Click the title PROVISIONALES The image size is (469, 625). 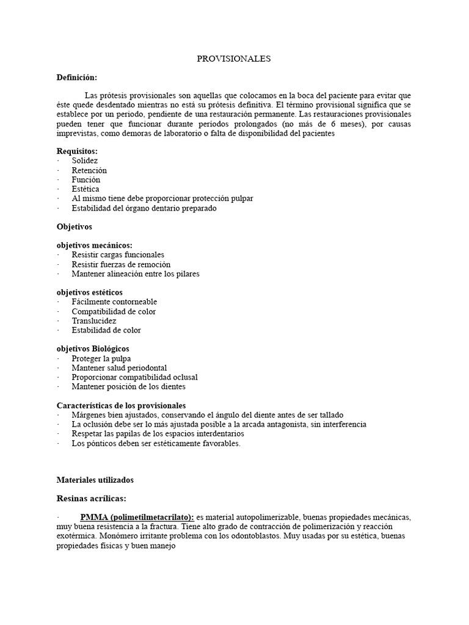click(x=233, y=59)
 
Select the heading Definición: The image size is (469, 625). click(x=77, y=78)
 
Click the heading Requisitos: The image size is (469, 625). click(x=77, y=151)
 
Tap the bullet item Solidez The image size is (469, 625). click(x=84, y=161)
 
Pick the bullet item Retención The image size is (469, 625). click(x=89, y=170)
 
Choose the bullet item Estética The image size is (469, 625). click(x=85, y=189)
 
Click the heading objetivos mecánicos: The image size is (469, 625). click(x=94, y=245)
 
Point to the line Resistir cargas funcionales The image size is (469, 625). click(x=117, y=255)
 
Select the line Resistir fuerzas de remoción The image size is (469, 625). click(x=120, y=264)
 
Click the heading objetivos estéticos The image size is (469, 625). click(x=89, y=292)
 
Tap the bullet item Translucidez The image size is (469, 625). click(x=93, y=320)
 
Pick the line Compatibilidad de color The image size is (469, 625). click(x=113, y=311)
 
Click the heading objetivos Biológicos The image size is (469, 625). click(x=93, y=349)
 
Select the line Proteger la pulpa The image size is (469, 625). click(x=101, y=358)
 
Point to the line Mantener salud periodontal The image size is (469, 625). click(x=118, y=368)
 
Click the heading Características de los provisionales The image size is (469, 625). click(x=122, y=405)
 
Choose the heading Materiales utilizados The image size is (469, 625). click(x=95, y=480)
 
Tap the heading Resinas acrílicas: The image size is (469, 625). click(x=91, y=498)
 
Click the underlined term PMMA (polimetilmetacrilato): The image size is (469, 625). click(x=137, y=517)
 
